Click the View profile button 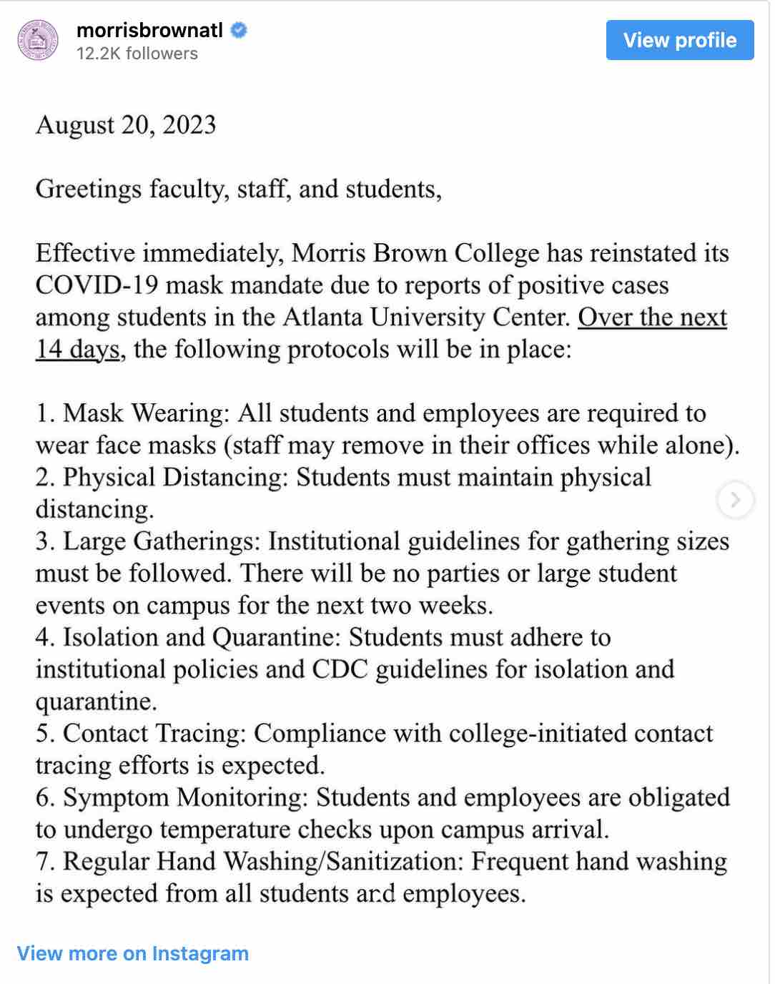pyautogui.click(x=679, y=40)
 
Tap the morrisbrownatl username pyautogui.click(x=149, y=31)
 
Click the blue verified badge pyautogui.click(x=239, y=31)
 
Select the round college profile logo pyautogui.click(x=38, y=41)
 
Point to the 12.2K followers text pyautogui.click(x=137, y=54)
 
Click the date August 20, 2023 pyautogui.click(x=126, y=125)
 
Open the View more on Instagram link pyautogui.click(x=133, y=953)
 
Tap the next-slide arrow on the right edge pyautogui.click(x=735, y=499)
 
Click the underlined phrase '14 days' pyautogui.click(x=77, y=350)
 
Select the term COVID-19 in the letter pyautogui.click(x=97, y=285)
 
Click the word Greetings pyautogui.click(x=89, y=190)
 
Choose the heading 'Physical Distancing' pyautogui.click(x=174, y=478)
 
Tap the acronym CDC pyautogui.click(x=340, y=669)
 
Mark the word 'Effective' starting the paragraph pyautogui.click(x=85, y=253)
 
